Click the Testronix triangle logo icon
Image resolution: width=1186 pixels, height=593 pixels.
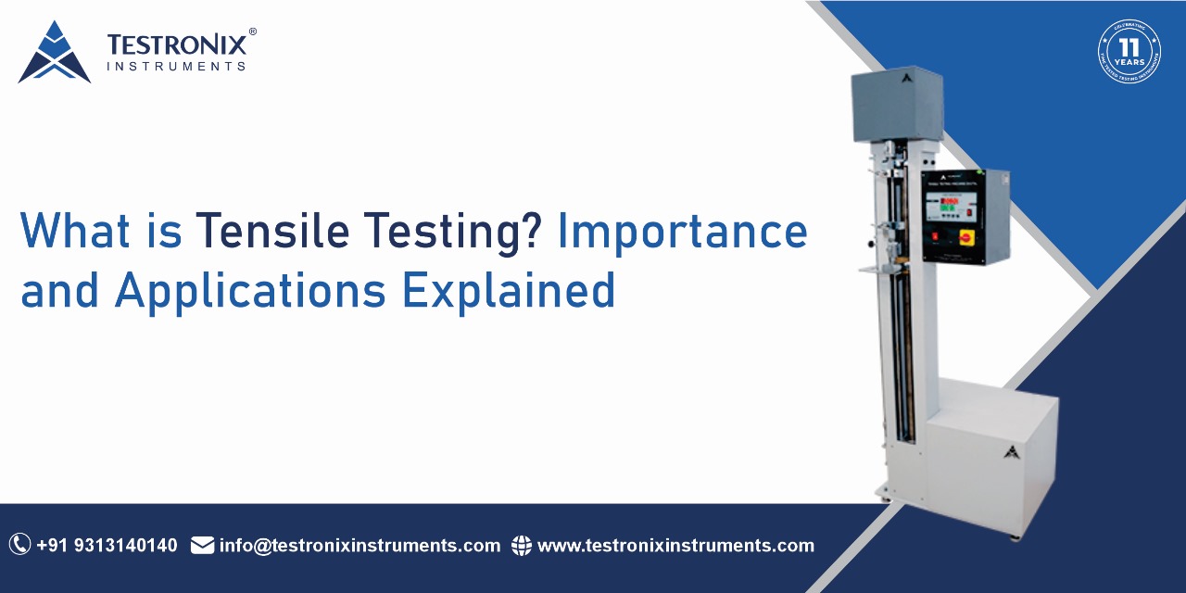(x=54, y=53)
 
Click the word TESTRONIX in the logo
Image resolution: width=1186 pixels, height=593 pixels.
(x=176, y=44)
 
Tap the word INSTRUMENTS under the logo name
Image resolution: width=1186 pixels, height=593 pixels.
(x=176, y=67)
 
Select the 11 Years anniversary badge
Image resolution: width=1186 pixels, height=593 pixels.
(x=1129, y=51)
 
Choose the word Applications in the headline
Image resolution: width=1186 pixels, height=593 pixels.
(x=250, y=290)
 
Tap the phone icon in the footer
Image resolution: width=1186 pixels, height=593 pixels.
(x=19, y=545)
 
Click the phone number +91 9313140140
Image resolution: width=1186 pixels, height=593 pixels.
(x=107, y=546)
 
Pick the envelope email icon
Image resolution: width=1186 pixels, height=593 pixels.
(x=202, y=546)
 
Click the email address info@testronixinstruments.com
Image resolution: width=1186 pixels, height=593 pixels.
(x=360, y=546)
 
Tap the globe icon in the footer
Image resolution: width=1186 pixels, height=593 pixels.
(x=522, y=546)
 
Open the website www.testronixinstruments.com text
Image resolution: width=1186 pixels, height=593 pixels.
(x=675, y=546)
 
